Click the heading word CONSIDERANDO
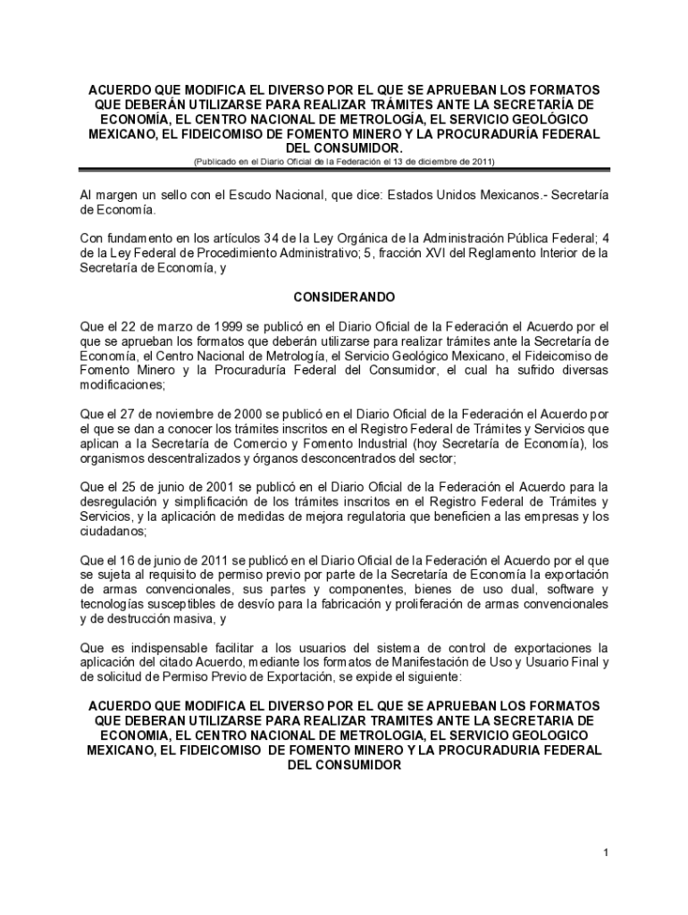coord(345,297)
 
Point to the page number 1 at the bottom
coord(605,853)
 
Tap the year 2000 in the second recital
coord(247,414)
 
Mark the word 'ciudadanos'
coord(111,531)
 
